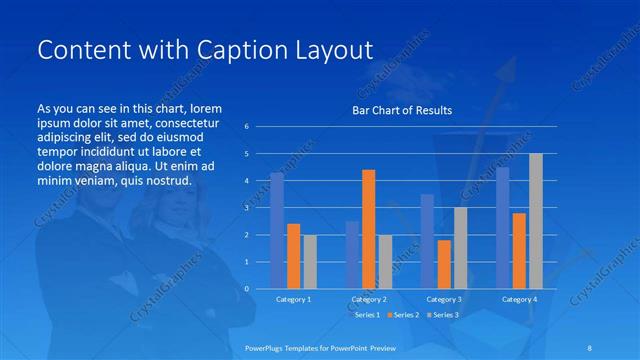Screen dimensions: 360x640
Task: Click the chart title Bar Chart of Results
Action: [402, 110]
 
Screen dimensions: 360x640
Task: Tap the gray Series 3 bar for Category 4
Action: [535, 221]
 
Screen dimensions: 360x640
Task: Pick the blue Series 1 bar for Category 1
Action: [277, 231]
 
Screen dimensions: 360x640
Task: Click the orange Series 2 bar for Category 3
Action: [444, 264]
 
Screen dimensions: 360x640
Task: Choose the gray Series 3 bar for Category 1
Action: [309, 261]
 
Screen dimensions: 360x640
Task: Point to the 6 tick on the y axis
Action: [246, 127]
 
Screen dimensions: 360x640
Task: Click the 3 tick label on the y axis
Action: [246, 208]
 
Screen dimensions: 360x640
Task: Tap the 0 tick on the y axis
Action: [246, 289]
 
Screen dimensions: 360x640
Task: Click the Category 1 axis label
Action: [293, 300]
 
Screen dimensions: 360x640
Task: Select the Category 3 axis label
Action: [443, 300]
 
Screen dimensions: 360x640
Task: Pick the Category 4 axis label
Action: [518, 300]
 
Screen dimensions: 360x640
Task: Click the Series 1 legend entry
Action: [366, 315]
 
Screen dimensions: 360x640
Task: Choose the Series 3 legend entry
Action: [444, 315]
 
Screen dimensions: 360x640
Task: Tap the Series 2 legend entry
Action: [405, 315]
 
